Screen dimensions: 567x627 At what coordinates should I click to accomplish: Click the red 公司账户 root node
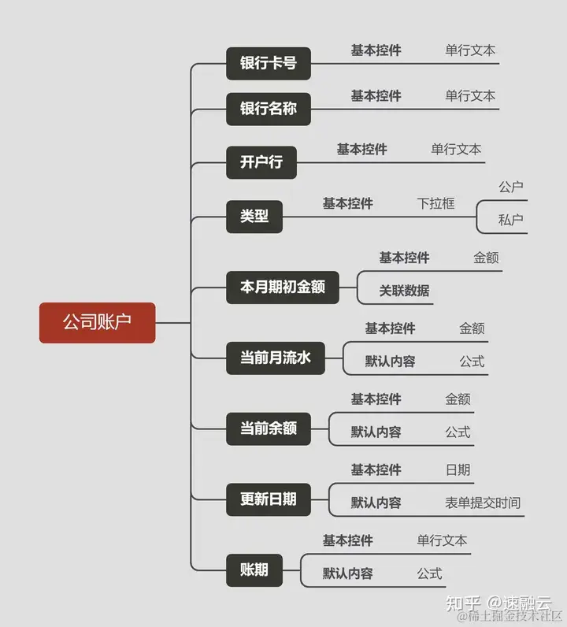click(x=97, y=322)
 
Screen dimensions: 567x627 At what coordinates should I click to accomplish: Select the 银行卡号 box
click(x=268, y=63)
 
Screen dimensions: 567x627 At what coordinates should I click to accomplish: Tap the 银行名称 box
click(x=268, y=109)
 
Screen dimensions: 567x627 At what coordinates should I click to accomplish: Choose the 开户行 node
click(x=261, y=162)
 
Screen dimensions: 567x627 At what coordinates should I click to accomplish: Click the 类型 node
click(x=254, y=216)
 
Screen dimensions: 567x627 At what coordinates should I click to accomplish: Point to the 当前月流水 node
click(x=275, y=358)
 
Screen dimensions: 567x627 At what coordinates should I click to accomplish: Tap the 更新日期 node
click(x=268, y=499)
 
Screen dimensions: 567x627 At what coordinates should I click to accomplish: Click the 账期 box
click(x=254, y=569)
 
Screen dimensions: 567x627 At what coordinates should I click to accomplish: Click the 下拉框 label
click(x=435, y=203)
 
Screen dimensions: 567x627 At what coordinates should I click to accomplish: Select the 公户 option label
click(x=510, y=187)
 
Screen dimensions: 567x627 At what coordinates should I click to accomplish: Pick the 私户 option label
click(x=510, y=220)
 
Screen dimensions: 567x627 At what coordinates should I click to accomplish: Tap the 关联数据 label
click(x=404, y=291)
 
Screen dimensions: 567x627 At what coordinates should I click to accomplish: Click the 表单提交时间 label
click(x=482, y=503)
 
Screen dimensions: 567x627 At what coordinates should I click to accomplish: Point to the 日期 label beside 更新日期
click(x=458, y=469)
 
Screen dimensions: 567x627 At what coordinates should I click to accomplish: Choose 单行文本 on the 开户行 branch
click(x=456, y=149)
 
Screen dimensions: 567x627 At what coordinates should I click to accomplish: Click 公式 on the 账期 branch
click(x=429, y=573)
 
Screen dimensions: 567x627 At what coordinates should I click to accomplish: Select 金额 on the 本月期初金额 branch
click(x=486, y=258)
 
